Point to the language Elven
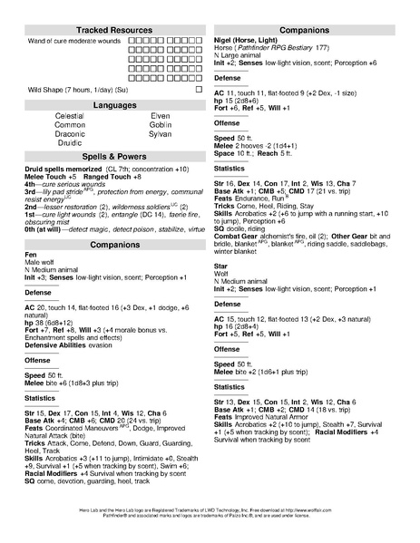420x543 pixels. click(x=160, y=117)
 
